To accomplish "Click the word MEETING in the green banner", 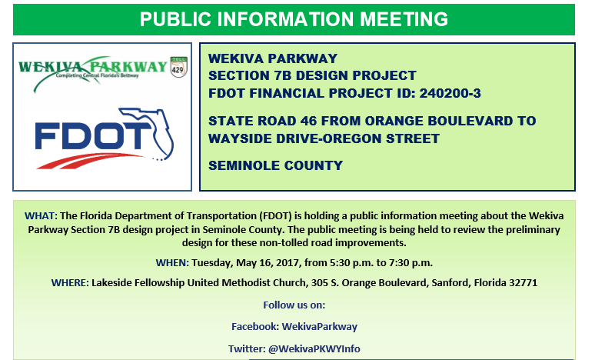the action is [404, 19].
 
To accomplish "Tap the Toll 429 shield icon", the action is [178, 67].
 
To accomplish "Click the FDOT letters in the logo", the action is [93, 135].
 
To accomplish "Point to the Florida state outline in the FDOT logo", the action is [148, 133].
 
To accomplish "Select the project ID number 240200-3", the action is [450, 93].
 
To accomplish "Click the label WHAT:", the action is [41, 215].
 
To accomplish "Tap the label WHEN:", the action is [172, 263].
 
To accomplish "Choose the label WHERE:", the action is [70, 283].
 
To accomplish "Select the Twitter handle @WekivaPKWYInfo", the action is [314, 349].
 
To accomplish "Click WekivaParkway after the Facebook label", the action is [320, 327].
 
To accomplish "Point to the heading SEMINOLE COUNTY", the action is [275, 165].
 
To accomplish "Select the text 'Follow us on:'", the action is [294, 305].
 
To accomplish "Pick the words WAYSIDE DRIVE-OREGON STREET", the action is [324, 138].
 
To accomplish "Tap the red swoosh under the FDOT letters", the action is [89, 160].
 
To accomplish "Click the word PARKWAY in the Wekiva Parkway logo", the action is [128, 67].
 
